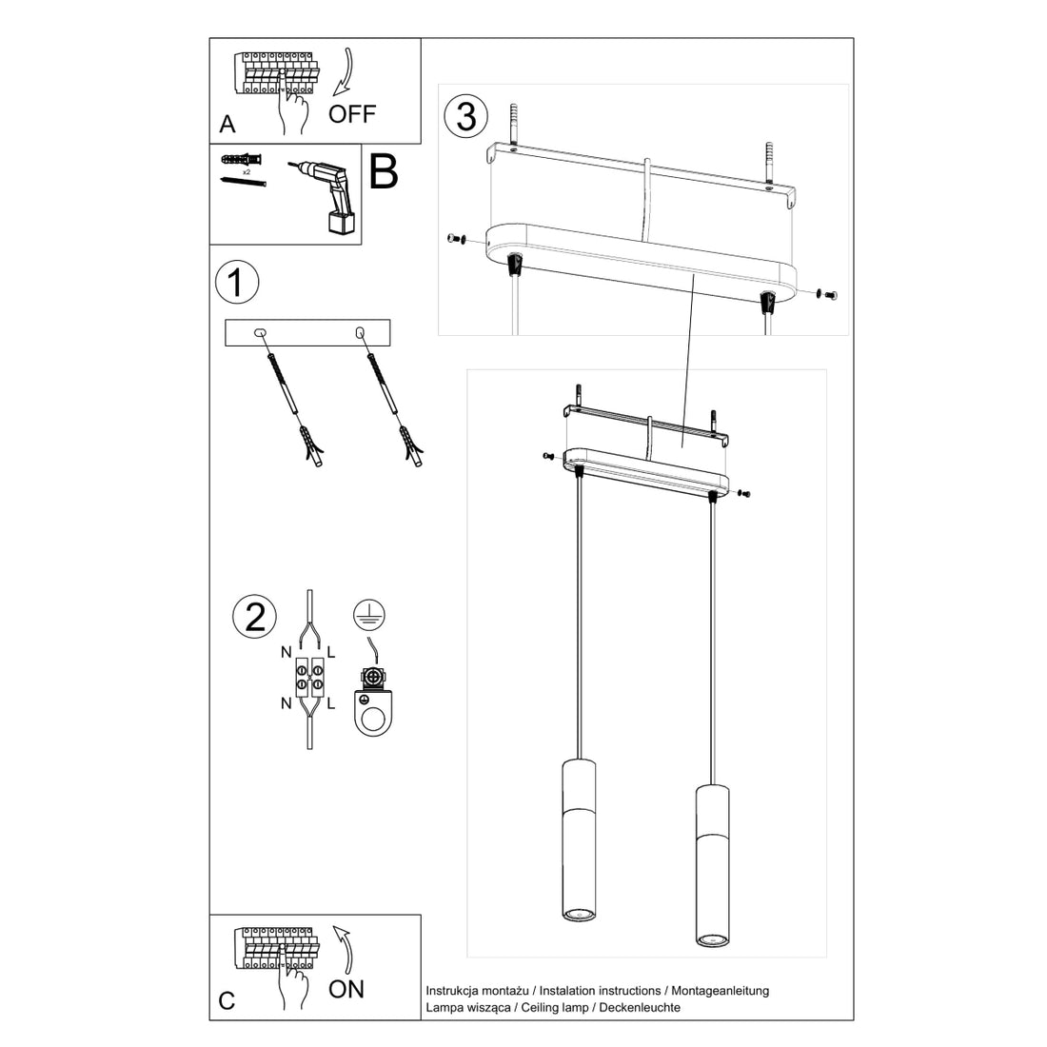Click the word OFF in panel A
point(352,114)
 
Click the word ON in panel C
point(346,989)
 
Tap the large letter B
point(382,171)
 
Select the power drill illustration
point(326,194)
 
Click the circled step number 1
point(238,283)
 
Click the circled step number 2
point(254,617)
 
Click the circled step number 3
point(466,116)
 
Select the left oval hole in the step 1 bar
point(259,332)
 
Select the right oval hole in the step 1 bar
point(360,332)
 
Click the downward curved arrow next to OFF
point(345,73)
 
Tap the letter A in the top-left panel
point(227,125)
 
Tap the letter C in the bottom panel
point(227,1000)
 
